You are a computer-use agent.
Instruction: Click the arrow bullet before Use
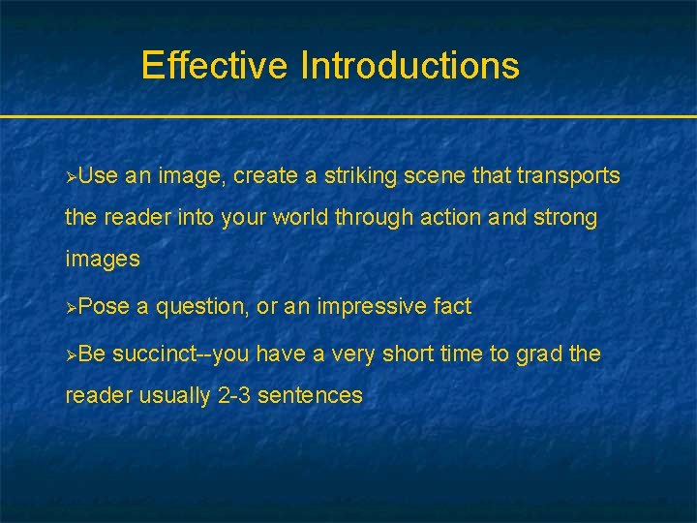[x=70, y=176]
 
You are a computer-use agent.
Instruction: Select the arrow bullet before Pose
[x=70, y=307]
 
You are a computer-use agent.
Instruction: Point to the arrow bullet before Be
[x=70, y=354]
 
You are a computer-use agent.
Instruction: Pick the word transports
[x=568, y=176]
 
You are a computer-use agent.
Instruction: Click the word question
[x=200, y=307]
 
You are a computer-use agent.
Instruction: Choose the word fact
[x=452, y=307]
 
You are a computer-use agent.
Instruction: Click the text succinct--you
[x=181, y=354]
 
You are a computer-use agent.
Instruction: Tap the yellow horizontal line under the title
[x=348, y=117]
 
